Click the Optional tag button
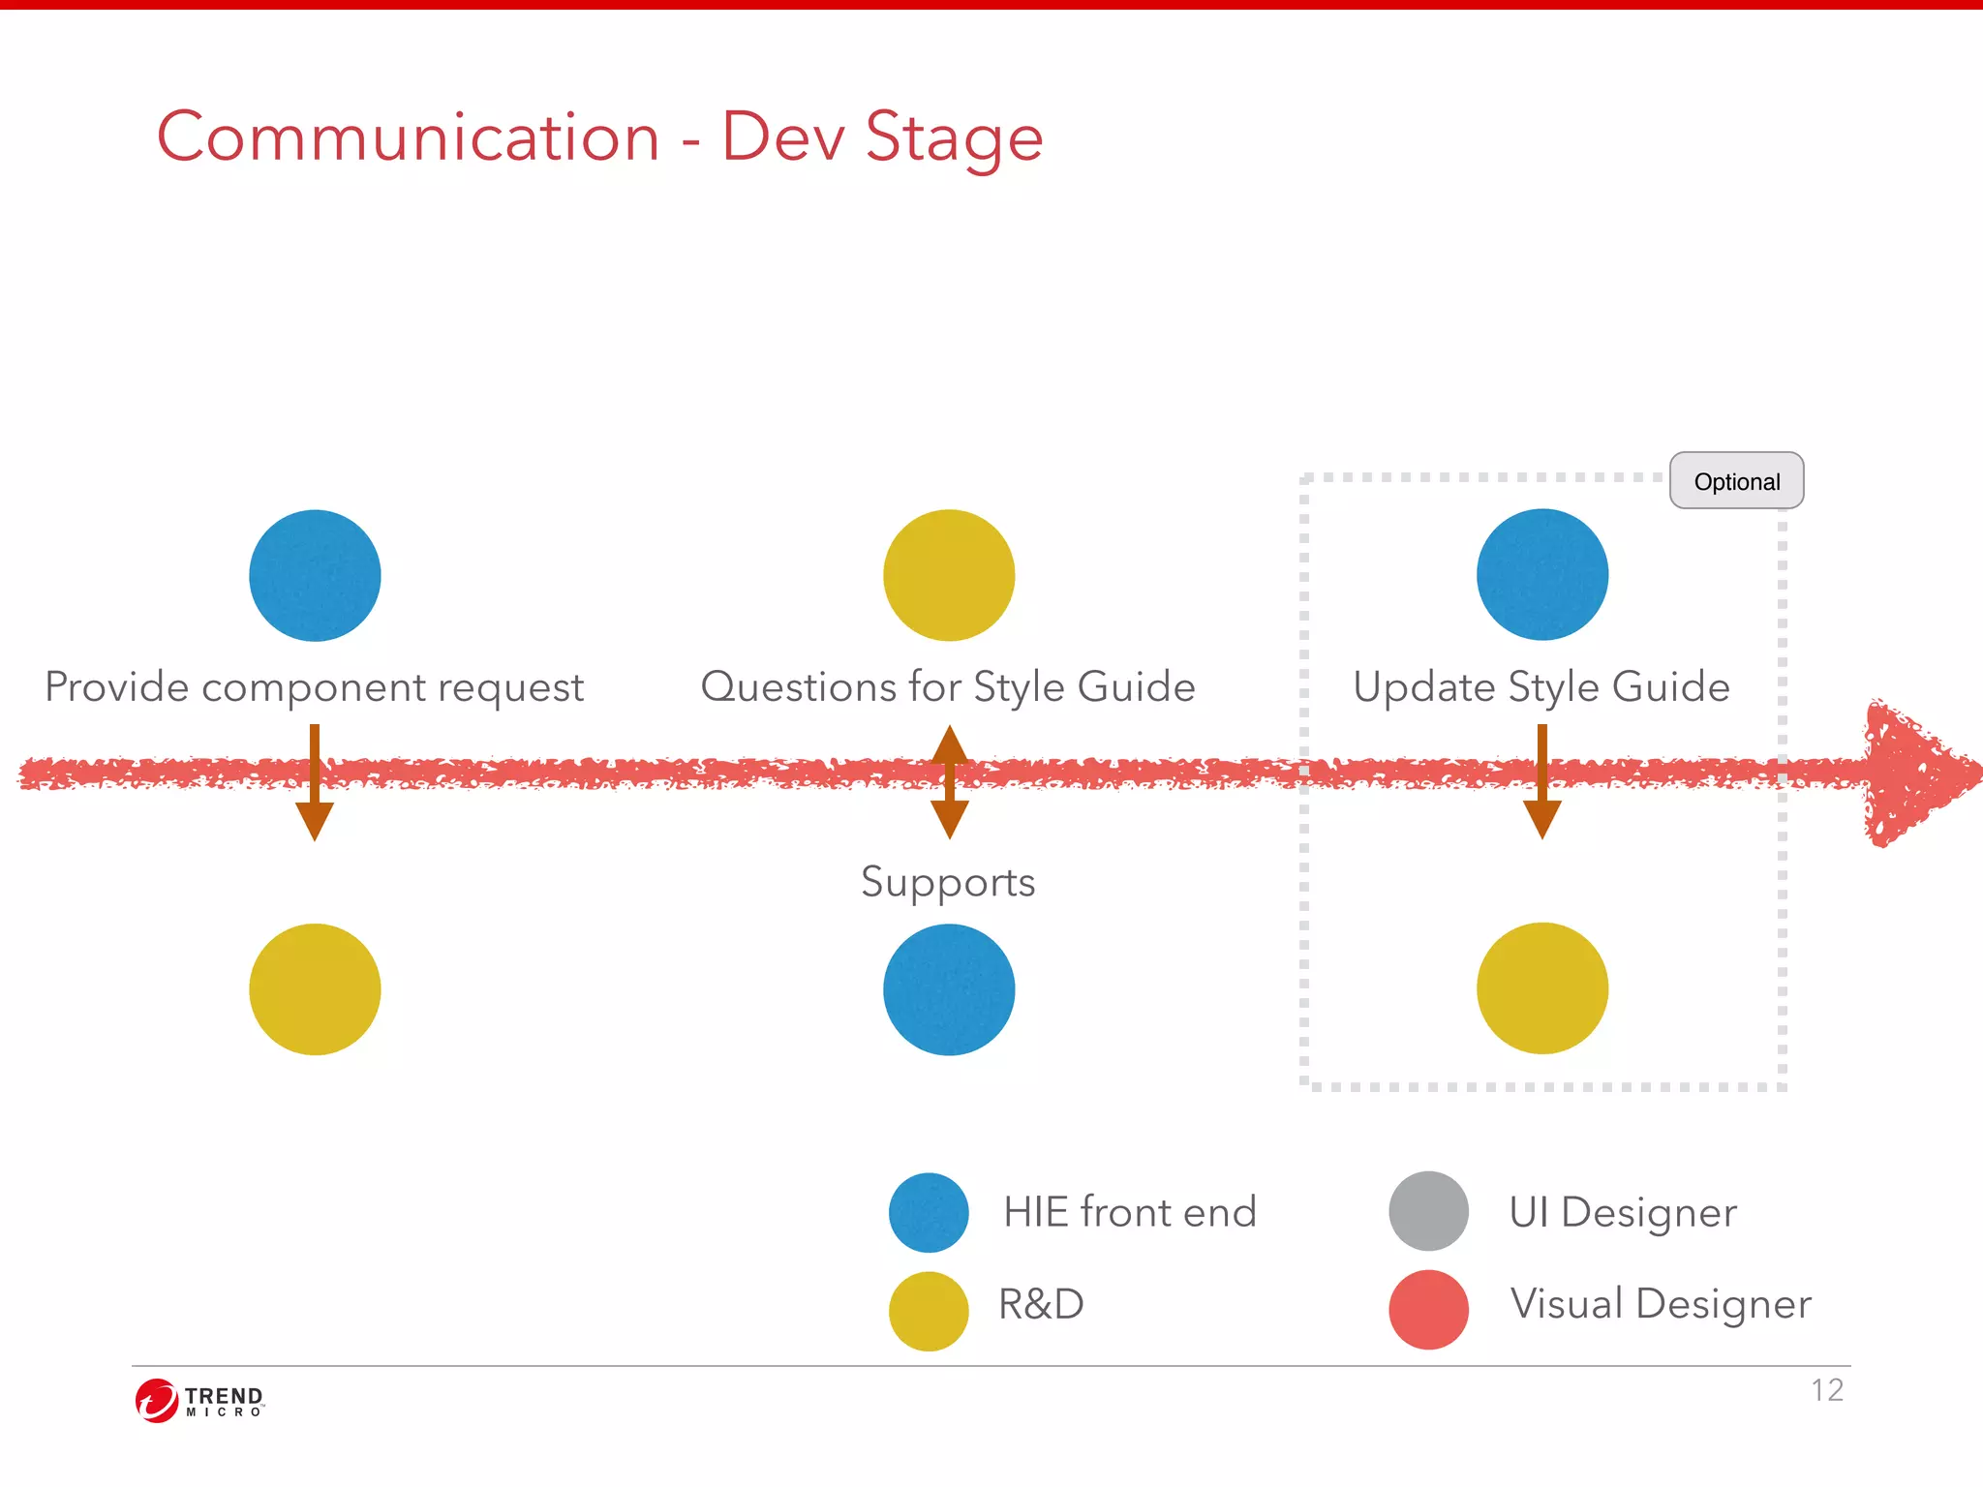1736,481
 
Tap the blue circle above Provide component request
315,575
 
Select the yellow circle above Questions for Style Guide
949,575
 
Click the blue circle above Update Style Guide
1542,574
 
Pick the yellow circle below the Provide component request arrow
315,988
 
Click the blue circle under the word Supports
949,988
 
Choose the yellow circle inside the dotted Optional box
1542,987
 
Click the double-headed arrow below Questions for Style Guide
950,781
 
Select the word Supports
948,882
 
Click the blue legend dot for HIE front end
929,1212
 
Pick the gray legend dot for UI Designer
1428,1211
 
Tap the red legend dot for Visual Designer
1428,1309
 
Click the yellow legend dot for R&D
929,1311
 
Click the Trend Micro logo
199,1400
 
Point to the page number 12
1827,1390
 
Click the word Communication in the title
409,137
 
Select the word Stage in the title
954,137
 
